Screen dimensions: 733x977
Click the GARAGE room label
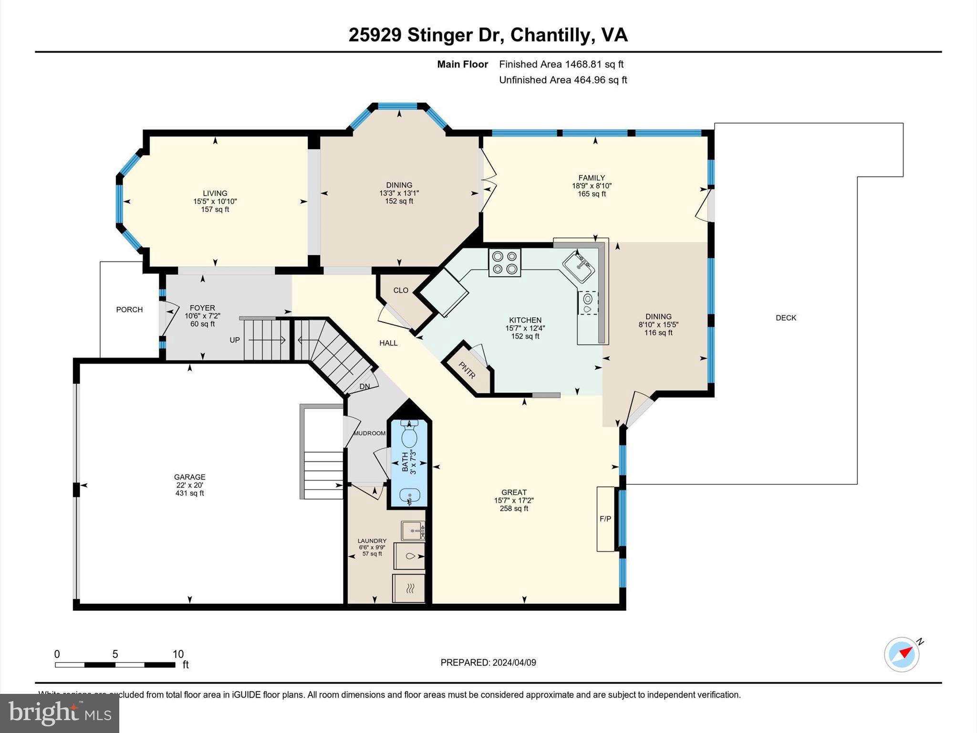(189, 477)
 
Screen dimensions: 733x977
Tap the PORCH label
(129, 310)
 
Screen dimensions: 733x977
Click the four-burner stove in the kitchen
(504, 262)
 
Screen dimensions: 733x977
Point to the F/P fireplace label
(605, 519)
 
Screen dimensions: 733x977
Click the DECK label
(786, 318)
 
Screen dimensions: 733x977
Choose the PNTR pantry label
(467, 370)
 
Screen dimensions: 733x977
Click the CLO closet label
(401, 290)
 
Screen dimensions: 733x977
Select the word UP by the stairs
(235, 340)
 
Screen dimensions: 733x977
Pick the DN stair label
(364, 387)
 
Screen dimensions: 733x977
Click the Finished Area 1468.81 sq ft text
(561, 64)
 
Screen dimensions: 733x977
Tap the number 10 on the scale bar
(178, 654)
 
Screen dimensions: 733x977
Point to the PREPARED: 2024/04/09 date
(488, 662)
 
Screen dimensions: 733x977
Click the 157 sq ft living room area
(215, 209)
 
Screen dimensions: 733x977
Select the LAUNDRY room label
(372, 541)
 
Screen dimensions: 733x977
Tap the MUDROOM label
(369, 433)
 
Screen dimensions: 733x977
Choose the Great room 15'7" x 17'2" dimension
(514, 501)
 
